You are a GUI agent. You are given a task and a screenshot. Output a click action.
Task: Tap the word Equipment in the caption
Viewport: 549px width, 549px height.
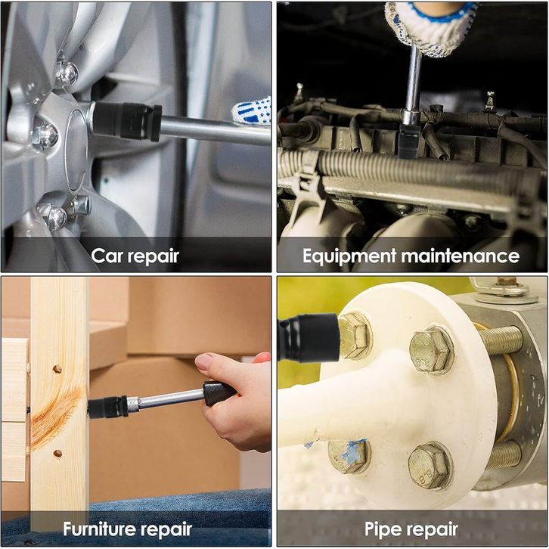[x=349, y=256]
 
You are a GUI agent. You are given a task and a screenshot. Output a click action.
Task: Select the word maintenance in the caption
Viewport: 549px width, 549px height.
[x=460, y=256]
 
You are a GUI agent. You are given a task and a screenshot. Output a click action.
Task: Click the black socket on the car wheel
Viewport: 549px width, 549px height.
[x=127, y=121]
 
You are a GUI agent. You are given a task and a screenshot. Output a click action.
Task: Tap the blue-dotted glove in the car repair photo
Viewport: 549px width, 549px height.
[x=252, y=111]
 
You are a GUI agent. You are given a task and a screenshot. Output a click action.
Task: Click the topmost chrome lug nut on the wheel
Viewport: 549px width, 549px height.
[x=67, y=73]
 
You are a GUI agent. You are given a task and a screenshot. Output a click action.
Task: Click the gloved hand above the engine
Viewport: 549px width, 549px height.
[x=431, y=26]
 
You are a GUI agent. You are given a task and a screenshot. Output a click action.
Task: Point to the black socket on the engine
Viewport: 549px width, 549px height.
[x=409, y=141]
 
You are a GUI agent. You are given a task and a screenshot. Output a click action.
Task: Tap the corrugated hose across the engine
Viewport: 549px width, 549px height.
[x=413, y=171]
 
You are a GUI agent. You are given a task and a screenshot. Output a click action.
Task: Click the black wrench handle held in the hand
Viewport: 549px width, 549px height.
[x=218, y=392]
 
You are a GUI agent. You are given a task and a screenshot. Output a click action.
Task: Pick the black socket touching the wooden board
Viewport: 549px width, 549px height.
[x=107, y=408]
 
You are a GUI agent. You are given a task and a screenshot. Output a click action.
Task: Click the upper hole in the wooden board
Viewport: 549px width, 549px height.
[x=57, y=369]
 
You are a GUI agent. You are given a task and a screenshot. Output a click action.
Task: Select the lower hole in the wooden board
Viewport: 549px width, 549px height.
[x=57, y=454]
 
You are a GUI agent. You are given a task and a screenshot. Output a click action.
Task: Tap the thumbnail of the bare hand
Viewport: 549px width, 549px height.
[x=205, y=361]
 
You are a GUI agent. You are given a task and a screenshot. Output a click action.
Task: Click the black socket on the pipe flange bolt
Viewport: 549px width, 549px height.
[x=309, y=337]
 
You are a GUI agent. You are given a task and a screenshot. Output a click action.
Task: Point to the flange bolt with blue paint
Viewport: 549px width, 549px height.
[x=349, y=456]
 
